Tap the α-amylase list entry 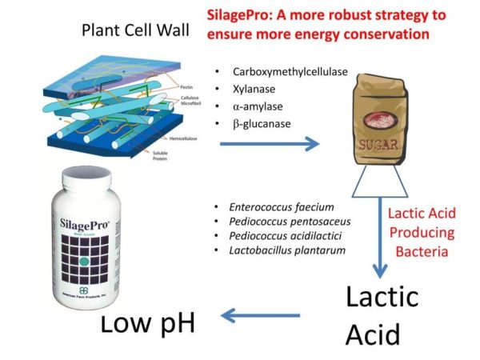256,106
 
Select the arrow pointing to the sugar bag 268,145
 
